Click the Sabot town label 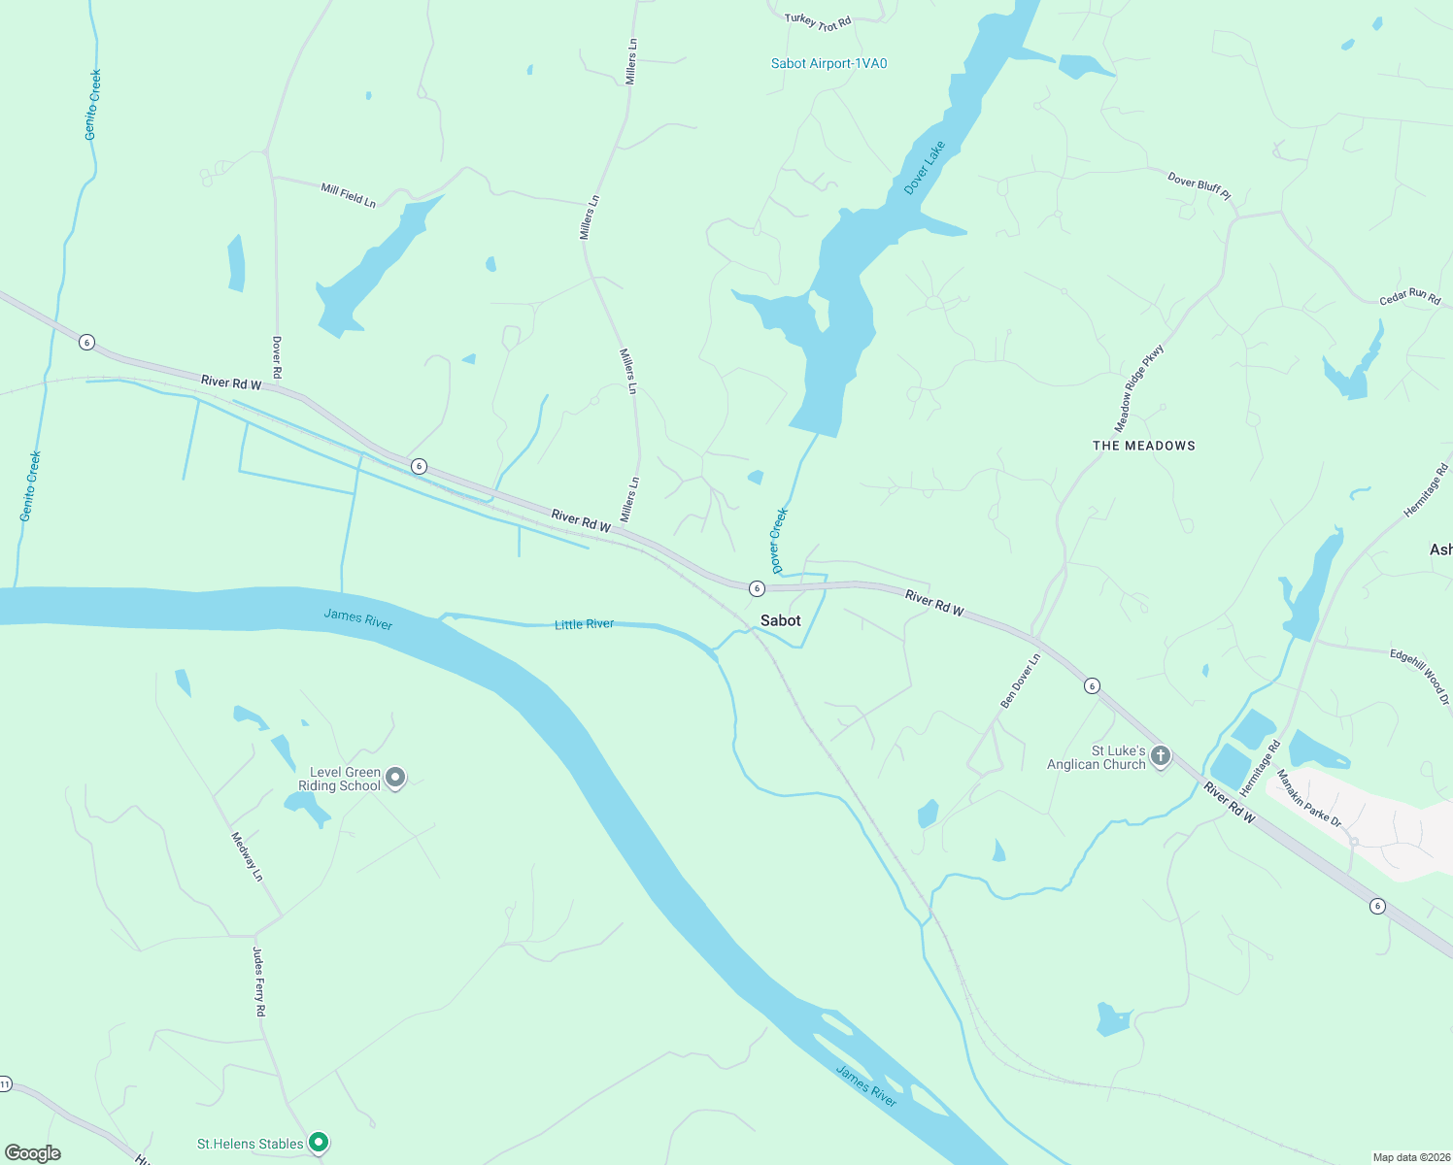(781, 620)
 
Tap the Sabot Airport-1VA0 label (828, 64)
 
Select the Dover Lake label (924, 168)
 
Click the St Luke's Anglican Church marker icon (1160, 755)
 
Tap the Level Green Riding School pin (395, 778)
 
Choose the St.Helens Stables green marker (318, 1143)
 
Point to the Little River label (584, 624)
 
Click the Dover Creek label (778, 540)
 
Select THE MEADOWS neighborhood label (1143, 446)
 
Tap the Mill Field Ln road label (348, 195)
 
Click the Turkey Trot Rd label (818, 20)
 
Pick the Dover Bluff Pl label (1199, 186)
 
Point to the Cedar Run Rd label (1409, 296)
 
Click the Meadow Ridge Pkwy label (1138, 388)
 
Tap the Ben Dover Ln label (1020, 680)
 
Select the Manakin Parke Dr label (1308, 798)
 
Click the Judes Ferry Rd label (259, 982)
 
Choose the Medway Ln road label (247, 856)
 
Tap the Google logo (33, 1153)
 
